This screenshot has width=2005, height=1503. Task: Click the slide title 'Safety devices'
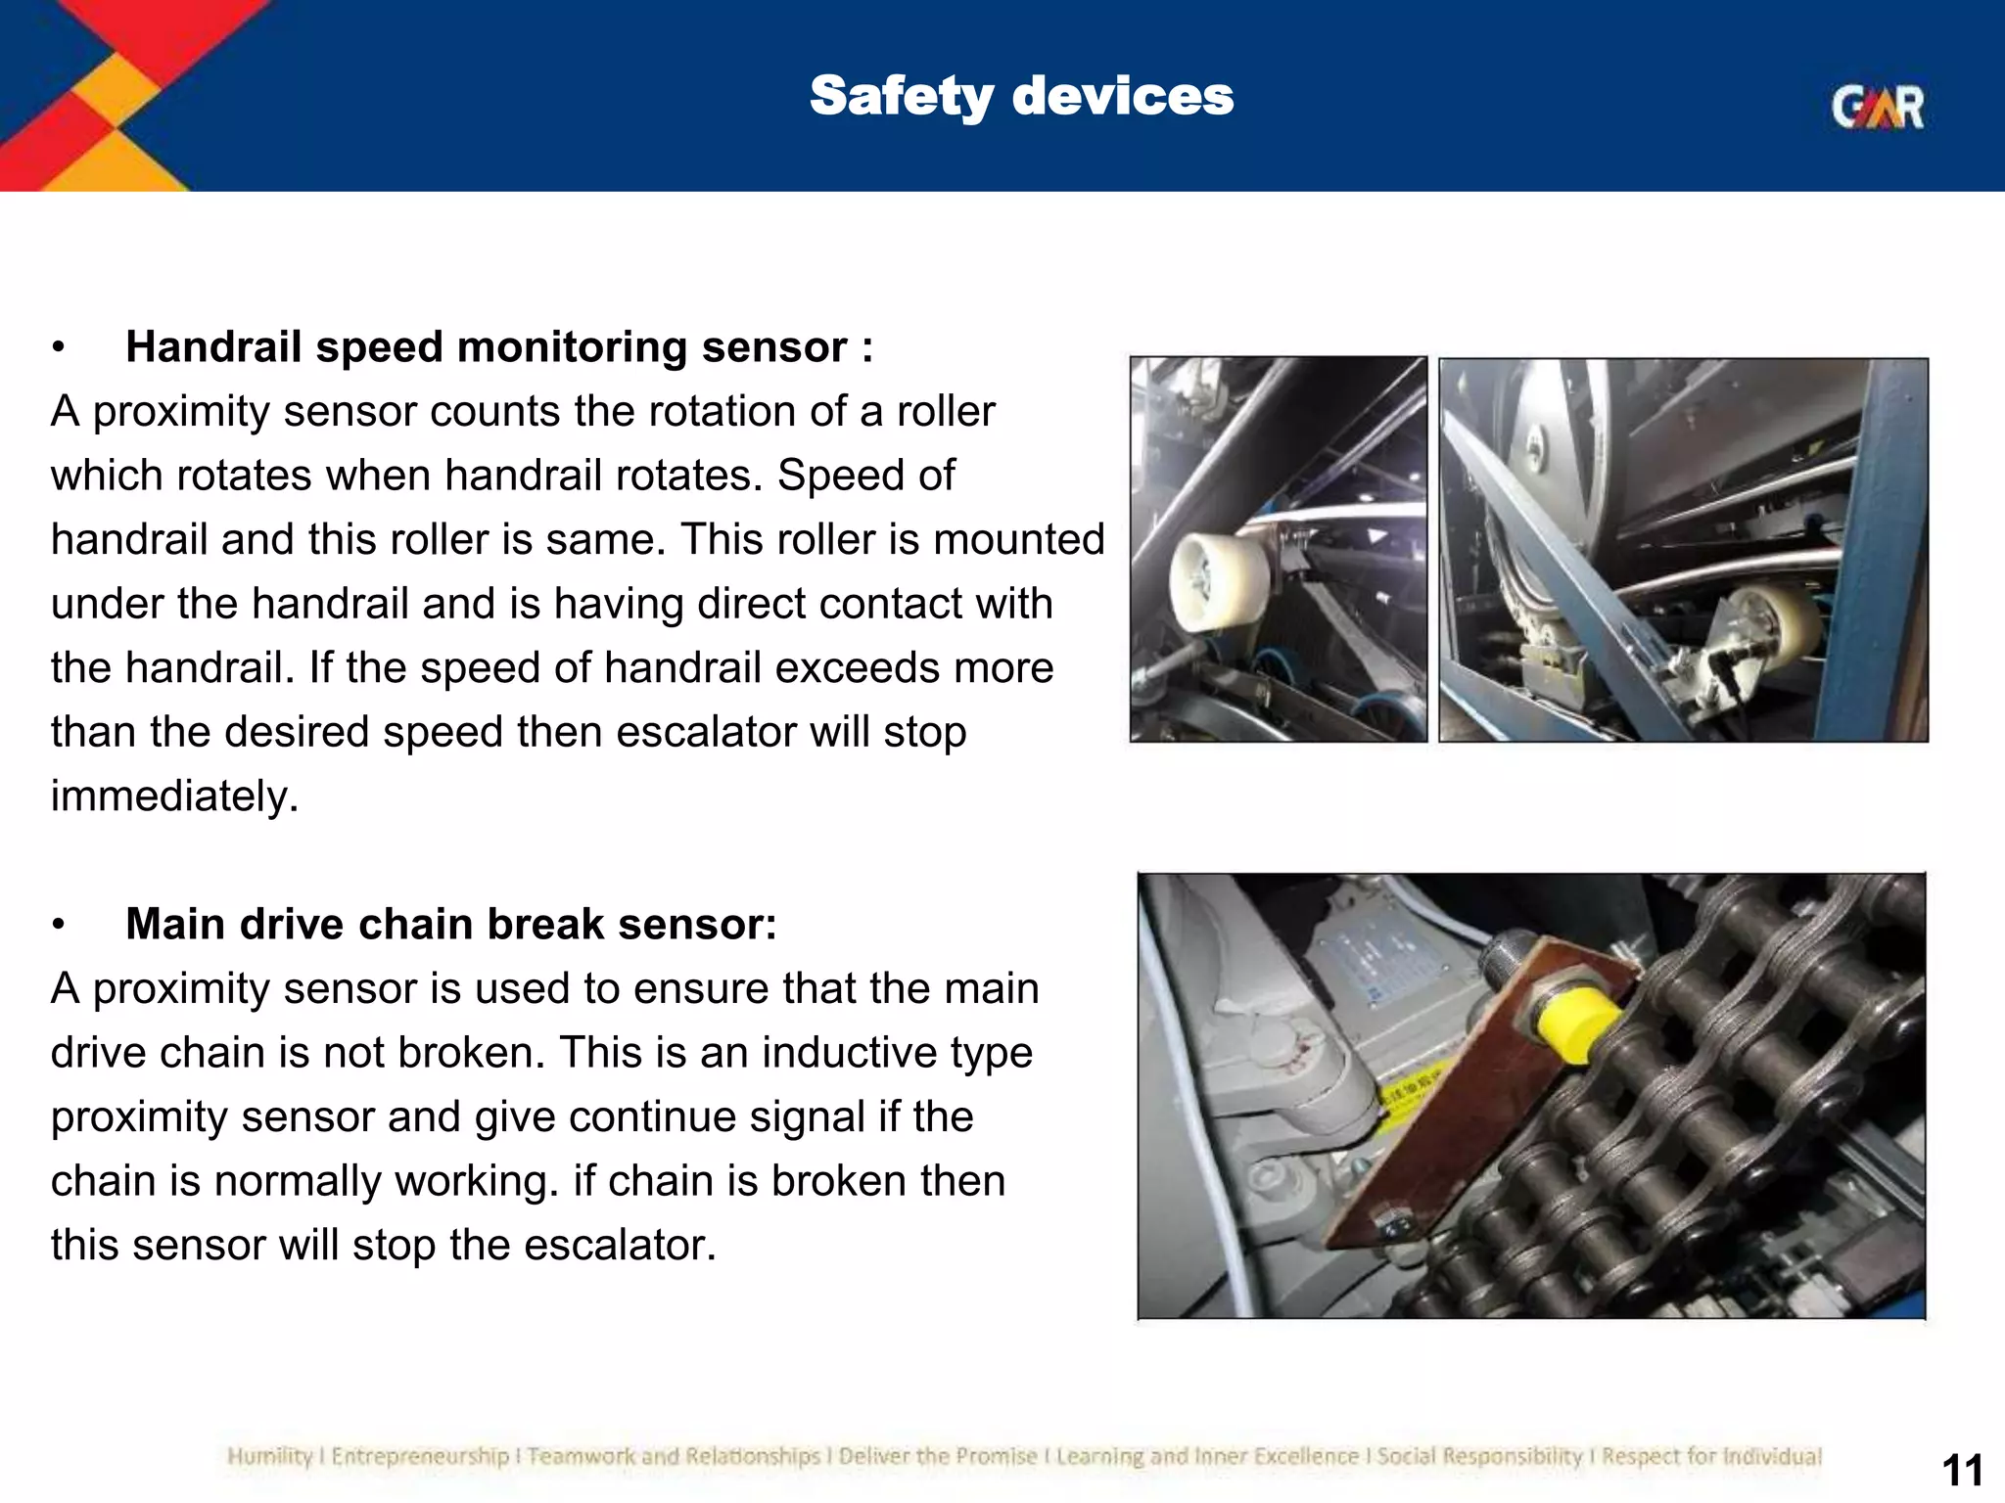tap(1021, 96)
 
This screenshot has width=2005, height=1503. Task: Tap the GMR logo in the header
tap(1877, 108)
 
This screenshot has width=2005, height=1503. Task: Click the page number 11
tap(1961, 1471)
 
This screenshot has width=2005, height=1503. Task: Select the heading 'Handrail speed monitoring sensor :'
tap(498, 347)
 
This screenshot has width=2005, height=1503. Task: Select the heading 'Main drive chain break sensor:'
tap(450, 925)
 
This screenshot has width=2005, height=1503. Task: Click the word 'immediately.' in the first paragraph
tap(174, 797)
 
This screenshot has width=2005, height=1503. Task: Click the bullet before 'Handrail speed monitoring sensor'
tap(60, 348)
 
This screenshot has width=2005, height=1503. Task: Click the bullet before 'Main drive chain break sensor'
tap(60, 926)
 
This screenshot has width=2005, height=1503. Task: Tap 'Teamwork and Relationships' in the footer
tap(674, 1457)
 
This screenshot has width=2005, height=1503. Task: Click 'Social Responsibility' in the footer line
tap(1478, 1457)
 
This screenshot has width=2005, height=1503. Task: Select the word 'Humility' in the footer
tap(268, 1457)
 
